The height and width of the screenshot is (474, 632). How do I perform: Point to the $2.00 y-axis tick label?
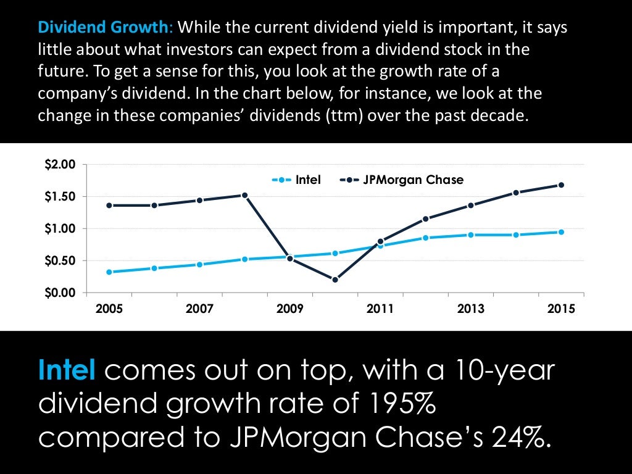(59, 164)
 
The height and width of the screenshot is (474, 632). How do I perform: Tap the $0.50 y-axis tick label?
(59, 260)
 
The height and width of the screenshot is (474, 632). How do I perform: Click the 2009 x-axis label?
(290, 309)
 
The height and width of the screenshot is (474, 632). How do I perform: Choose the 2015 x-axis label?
(560, 309)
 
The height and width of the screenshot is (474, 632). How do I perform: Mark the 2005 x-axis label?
(109, 309)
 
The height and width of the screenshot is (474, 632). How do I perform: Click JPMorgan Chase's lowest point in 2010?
(335, 280)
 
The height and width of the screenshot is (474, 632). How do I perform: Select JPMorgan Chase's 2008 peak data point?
(244, 195)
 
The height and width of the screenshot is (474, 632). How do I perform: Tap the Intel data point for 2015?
(561, 232)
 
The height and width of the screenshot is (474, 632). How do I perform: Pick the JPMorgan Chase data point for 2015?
(561, 185)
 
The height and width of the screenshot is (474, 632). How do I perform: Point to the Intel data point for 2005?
(109, 272)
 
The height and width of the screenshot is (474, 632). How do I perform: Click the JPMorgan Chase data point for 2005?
(109, 205)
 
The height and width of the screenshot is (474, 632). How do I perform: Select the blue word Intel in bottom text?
(67, 372)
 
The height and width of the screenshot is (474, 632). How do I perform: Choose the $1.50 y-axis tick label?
(59, 196)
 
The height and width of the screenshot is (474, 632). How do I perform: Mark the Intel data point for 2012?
(425, 238)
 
